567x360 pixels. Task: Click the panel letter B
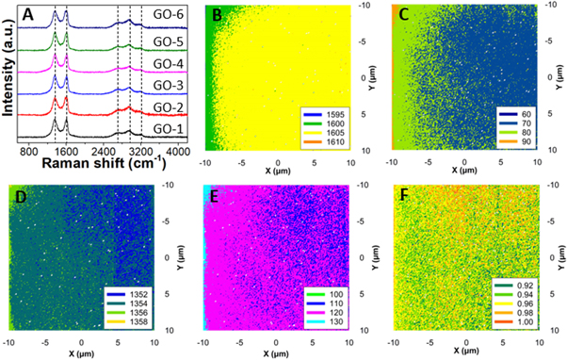point(217,15)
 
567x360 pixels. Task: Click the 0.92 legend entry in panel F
point(521,283)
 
